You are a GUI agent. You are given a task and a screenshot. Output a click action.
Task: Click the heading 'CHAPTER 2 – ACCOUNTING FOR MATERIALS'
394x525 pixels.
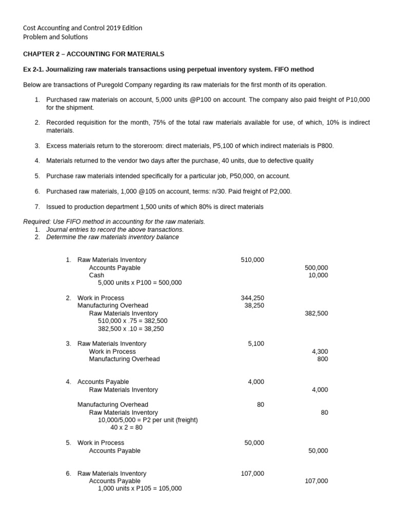point(93,54)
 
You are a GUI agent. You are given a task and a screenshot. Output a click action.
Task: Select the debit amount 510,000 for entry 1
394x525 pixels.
point(252,260)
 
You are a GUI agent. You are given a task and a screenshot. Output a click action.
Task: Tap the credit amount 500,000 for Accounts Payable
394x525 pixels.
point(317,268)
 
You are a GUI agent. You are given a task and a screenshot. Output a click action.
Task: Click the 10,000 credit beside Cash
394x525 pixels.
point(319,275)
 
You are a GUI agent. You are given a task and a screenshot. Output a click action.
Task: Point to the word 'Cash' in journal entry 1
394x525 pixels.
point(96,275)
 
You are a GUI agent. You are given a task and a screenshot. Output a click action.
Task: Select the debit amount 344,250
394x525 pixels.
point(252,298)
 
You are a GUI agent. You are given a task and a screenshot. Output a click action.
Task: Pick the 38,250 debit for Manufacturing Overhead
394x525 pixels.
point(254,306)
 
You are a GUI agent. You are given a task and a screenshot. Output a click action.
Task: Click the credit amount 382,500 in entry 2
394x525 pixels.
point(317,313)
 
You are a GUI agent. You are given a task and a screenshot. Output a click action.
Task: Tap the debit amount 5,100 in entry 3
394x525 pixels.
point(256,344)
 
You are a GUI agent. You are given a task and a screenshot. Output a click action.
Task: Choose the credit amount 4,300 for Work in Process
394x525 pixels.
point(320,351)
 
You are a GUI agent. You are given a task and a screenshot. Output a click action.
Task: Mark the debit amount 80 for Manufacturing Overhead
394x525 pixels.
point(260,405)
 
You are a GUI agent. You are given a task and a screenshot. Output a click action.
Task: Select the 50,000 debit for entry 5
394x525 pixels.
point(254,442)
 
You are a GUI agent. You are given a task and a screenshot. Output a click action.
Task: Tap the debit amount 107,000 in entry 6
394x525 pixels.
point(252,473)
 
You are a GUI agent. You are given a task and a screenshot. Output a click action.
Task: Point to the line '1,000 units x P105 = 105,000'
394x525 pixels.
point(140,489)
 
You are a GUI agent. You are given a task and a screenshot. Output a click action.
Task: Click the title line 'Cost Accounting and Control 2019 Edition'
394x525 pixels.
point(83,28)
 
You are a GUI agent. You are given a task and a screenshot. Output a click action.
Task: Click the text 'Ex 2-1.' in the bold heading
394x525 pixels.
point(34,69)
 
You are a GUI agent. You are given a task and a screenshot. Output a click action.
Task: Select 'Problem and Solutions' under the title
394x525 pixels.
point(55,37)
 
